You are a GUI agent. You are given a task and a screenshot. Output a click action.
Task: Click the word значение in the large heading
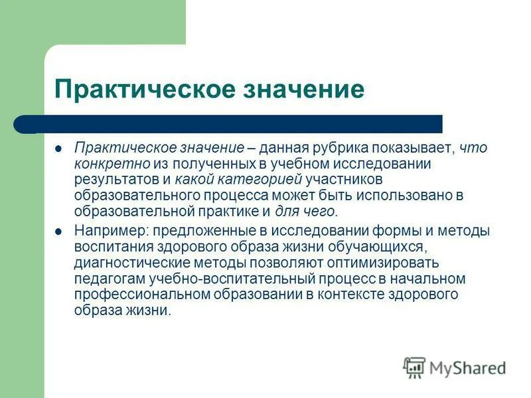tap(299, 88)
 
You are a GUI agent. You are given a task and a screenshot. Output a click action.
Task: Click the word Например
tap(108, 232)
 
